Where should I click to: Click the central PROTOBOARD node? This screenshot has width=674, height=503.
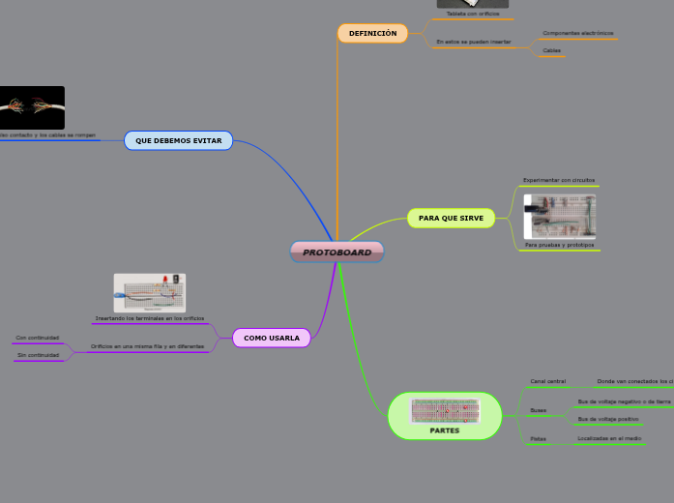point(337,252)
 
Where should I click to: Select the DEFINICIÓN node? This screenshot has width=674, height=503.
point(372,33)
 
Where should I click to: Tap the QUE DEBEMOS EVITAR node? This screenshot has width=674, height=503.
point(178,140)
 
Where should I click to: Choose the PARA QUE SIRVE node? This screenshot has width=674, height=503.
point(451,218)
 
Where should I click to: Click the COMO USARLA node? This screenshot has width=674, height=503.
point(272,338)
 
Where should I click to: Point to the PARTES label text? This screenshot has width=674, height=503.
point(445,430)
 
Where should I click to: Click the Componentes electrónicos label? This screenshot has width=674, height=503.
point(578,33)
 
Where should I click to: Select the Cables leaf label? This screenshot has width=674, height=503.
point(551,50)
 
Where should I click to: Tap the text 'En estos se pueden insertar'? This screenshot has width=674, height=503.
point(473,42)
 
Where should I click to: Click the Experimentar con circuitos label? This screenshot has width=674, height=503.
point(559,180)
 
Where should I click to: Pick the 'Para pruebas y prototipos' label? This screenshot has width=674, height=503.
point(559,246)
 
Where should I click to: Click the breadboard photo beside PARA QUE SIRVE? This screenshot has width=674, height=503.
point(559,216)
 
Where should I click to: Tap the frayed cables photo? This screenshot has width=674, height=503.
point(32,107)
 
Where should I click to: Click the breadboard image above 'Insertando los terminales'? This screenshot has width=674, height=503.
point(150,292)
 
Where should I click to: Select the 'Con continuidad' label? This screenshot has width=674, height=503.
point(37,338)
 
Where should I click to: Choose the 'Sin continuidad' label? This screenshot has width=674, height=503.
point(37,356)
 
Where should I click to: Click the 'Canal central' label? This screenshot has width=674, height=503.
point(548,381)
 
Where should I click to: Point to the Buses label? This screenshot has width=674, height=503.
point(539,410)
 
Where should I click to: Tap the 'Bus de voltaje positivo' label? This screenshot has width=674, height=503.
point(607,419)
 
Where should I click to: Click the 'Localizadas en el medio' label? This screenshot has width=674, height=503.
point(609,438)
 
